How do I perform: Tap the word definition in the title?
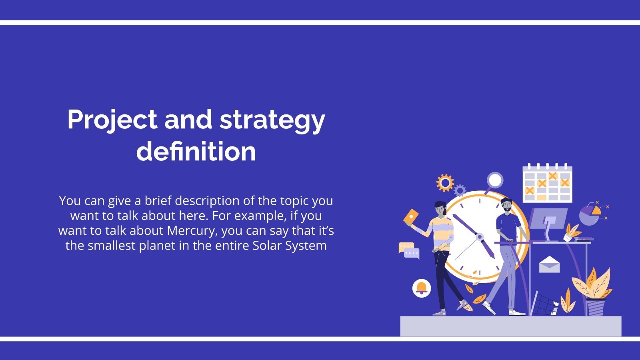tap(196, 152)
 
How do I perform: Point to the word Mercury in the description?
tap(192, 231)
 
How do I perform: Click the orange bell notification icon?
tap(421, 288)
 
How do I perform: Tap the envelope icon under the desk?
tap(549, 264)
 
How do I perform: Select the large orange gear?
tap(445, 183)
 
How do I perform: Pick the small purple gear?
tap(460, 190)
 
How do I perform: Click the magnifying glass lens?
tap(495, 180)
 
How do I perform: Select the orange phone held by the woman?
tap(411, 217)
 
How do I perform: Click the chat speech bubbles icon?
tap(409, 250)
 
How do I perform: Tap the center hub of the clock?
tap(479, 237)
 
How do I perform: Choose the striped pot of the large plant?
tap(595, 307)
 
